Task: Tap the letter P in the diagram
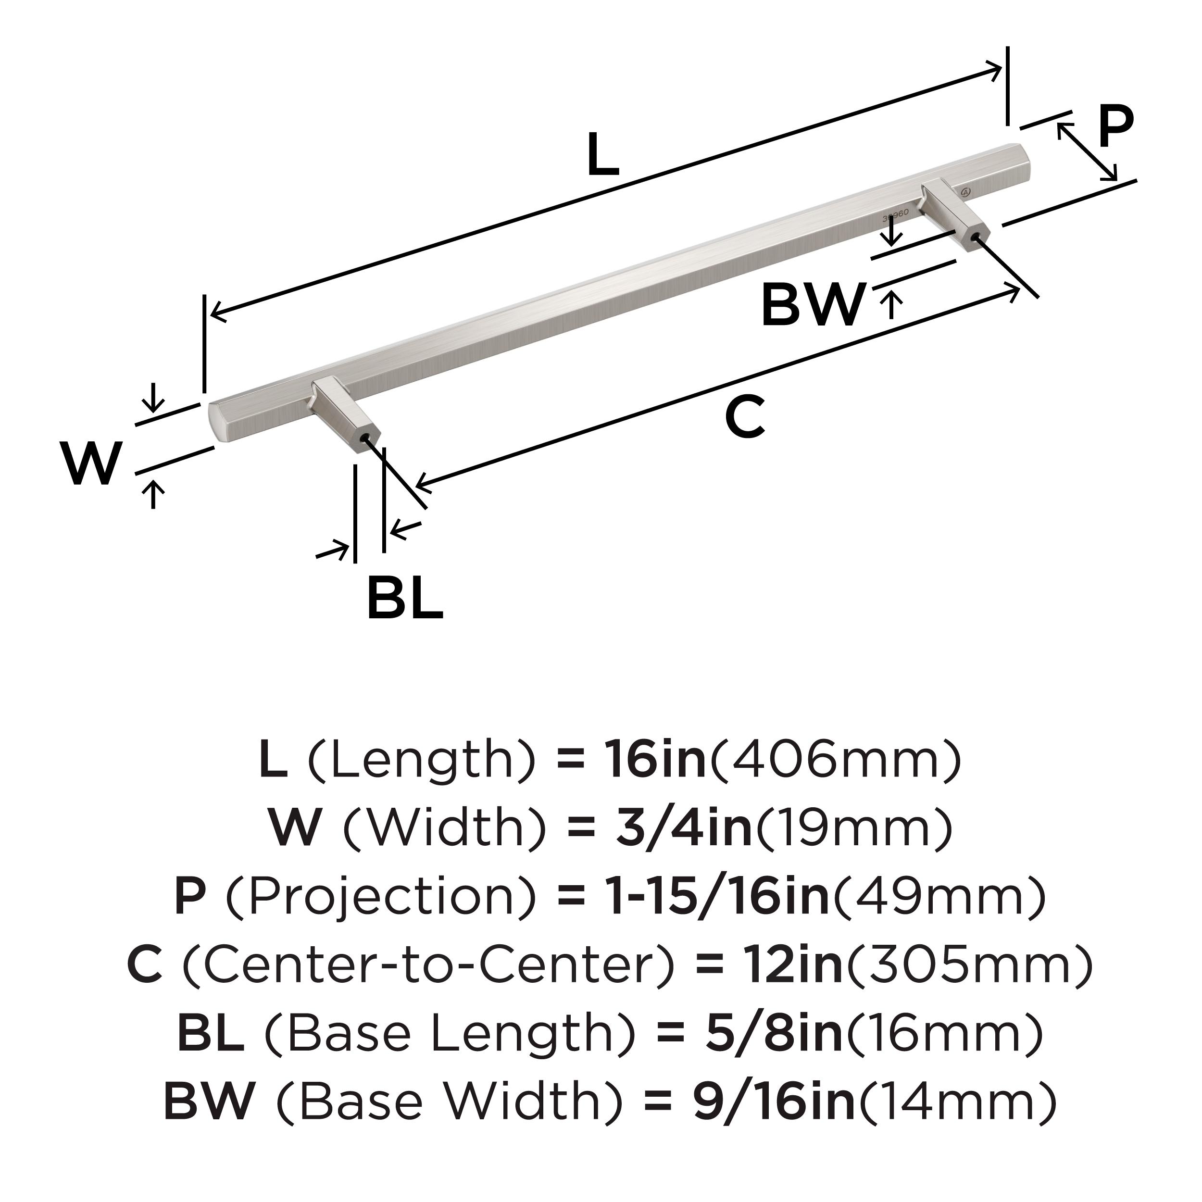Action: pyautogui.click(x=1116, y=126)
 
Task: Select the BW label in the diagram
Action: pyautogui.click(x=813, y=304)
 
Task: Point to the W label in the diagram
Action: pyautogui.click(x=91, y=463)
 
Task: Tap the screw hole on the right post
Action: pyautogui.click(x=976, y=238)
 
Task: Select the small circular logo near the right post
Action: pyautogui.click(x=965, y=191)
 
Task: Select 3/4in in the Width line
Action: pyautogui.click(x=684, y=828)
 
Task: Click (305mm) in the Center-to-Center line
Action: pyautogui.click(x=969, y=965)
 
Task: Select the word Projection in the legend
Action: pyautogui.click(x=381, y=897)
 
